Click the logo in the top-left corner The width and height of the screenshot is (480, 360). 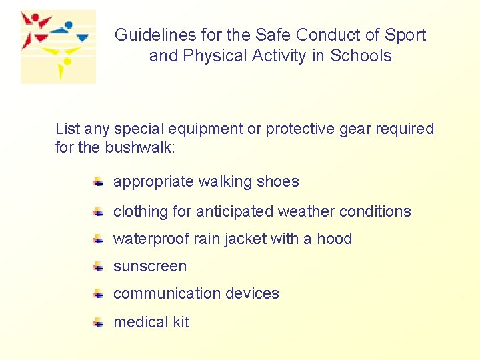tap(57, 47)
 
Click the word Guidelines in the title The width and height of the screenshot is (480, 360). tap(147, 35)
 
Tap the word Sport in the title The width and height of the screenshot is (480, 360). tap(406, 35)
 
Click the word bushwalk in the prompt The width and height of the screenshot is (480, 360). tap(140, 147)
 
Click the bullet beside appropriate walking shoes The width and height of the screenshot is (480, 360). tap(97, 181)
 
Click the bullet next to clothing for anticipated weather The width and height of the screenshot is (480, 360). tap(97, 211)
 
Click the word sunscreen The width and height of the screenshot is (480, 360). tap(150, 266)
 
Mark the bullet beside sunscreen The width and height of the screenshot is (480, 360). tap(97, 267)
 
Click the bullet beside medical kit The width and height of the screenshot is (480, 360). tap(97, 322)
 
